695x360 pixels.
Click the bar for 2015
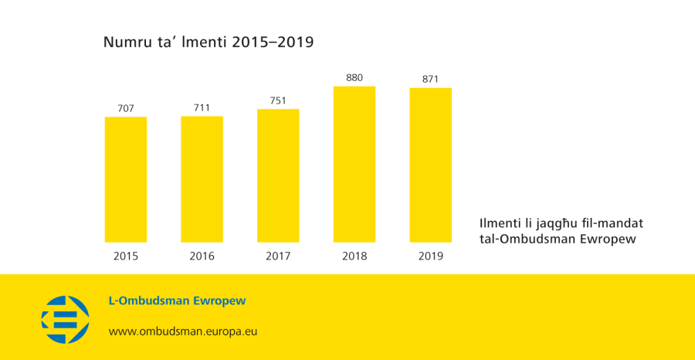pyautogui.click(x=126, y=179)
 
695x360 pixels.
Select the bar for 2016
pyautogui.click(x=202, y=179)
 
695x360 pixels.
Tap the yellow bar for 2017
pyautogui.click(x=278, y=175)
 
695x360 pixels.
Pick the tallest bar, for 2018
pyautogui.click(x=354, y=164)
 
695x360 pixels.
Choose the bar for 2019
pyautogui.click(x=431, y=165)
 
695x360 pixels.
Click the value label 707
pyautogui.click(x=126, y=108)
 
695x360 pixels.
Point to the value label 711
pyautogui.click(x=202, y=107)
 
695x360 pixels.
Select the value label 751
pyautogui.click(x=278, y=100)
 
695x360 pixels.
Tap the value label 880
pyautogui.click(x=354, y=77)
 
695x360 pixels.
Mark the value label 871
pyautogui.click(x=431, y=79)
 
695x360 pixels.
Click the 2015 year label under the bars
pyautogui.click(x=126, y=256)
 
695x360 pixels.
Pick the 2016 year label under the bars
pyautogui.click(x=202, y=256)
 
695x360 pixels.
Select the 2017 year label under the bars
pyautogui.click(x=278, y=256)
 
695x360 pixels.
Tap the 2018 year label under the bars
pyautogui.click(x=354, y=256)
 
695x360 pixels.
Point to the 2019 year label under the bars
pyautogui.click(x=431, y=256)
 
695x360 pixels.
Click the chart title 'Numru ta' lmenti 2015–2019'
pyautogui.click(x=208, y=42)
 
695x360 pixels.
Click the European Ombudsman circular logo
pyautogui.click(x=65, y=319)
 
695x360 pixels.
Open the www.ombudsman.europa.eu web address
pyautogui.click(x=183, y=331)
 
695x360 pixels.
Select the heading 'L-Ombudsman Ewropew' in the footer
pyautogui.click(x=177, y=301)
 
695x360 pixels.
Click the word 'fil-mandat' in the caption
pyautogui.click(x=615, y=223)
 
